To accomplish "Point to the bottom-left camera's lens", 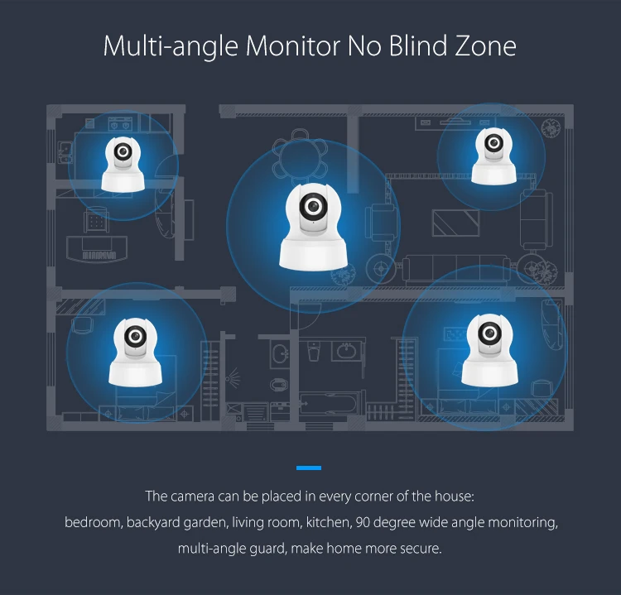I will pos(135,334).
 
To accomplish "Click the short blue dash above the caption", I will pos(308,468).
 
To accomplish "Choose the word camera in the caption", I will pos(193,497).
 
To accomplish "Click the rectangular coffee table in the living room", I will pos(451,222).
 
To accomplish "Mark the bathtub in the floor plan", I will pos(336,405).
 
